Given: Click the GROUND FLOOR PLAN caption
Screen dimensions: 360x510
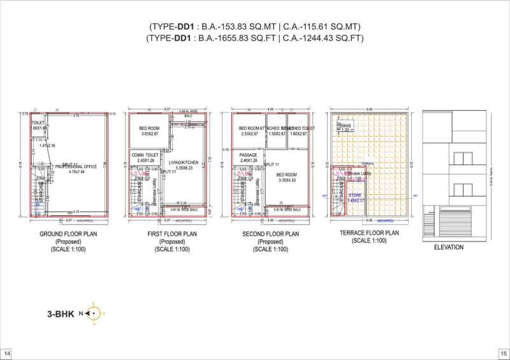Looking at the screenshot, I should point(69,234).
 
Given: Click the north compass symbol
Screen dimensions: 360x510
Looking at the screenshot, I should point(93,313).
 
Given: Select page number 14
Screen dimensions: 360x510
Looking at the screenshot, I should point(7,353).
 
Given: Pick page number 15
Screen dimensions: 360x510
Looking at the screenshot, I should point(502,353).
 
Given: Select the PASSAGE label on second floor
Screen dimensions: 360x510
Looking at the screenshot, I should point(248,155).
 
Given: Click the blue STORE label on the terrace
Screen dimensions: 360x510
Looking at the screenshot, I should point(354,195).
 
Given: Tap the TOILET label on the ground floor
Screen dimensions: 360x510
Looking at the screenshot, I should point(38,122).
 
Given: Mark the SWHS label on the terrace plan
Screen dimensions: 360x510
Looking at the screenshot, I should point(346,126).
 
